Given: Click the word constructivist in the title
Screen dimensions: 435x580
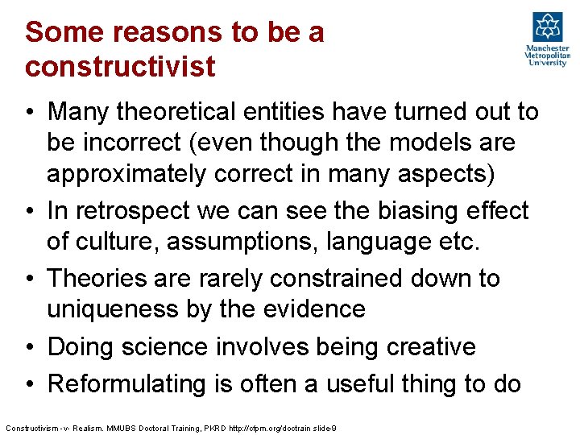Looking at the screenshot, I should [120, 66].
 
